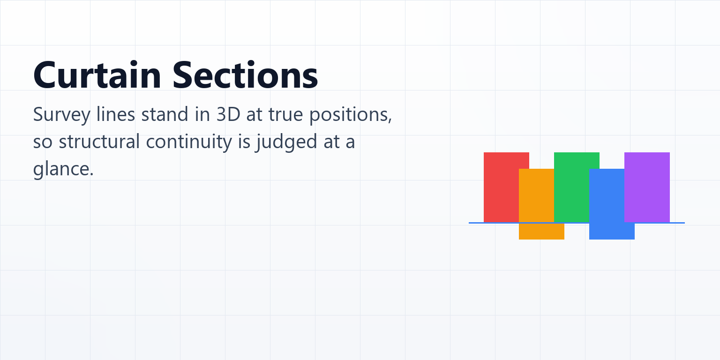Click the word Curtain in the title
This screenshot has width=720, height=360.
pos(97,75)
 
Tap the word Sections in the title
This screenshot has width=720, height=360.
pos(245,75)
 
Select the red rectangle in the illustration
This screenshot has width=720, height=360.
pos(502,187)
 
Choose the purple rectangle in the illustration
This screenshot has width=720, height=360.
pos(647,187)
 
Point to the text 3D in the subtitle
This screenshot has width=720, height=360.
pos(228,114)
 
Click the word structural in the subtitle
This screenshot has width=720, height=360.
pos(99,142)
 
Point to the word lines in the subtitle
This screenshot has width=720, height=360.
pos(116,114)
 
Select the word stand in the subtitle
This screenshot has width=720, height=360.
pos(165,114)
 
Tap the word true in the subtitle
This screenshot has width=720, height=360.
pos(286,115)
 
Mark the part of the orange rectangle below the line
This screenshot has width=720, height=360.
pos(541,232)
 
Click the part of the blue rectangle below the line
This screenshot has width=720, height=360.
pos(612,232)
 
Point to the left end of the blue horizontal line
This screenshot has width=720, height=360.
pos(469,223)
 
